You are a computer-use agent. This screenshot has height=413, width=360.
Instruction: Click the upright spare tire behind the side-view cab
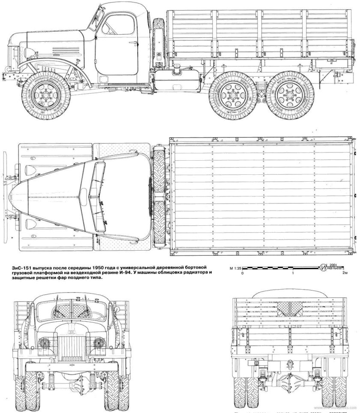(x=160, y=43)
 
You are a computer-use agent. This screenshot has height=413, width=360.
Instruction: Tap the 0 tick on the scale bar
(x=243, y=273)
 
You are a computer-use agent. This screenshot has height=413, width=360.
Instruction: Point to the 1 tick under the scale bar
(x=293, y=273)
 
